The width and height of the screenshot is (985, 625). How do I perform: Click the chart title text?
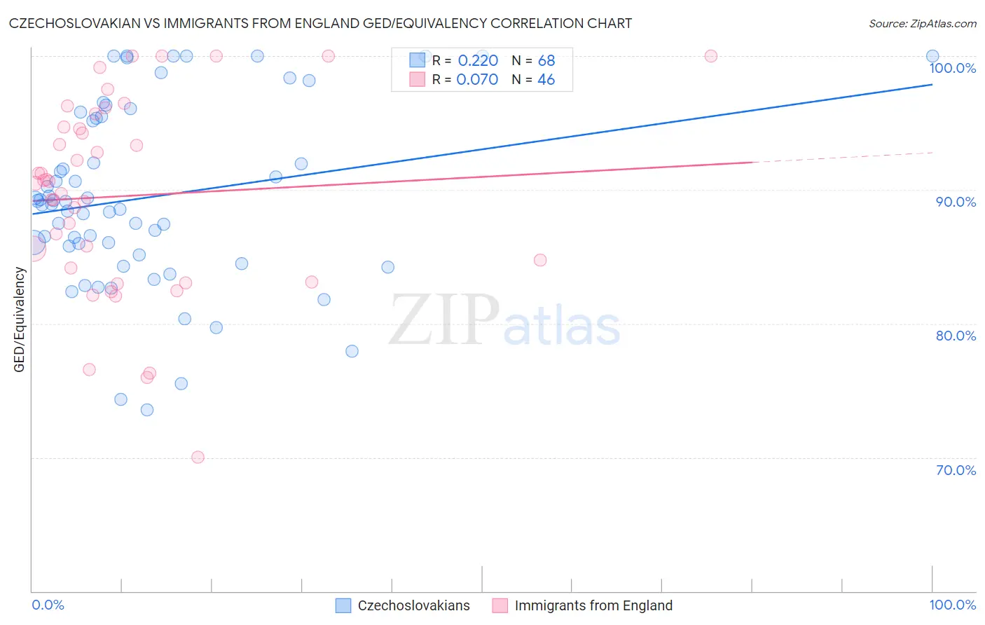pos(320,23)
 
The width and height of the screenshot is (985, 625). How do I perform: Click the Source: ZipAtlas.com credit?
pos(922,23)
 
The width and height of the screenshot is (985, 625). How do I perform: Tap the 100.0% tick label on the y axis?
pos(952,68)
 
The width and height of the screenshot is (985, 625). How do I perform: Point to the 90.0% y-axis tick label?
pos(956,202)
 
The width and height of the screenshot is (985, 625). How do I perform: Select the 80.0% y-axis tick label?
pos(956,336)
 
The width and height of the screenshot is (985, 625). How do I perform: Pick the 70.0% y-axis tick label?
pos(956,470)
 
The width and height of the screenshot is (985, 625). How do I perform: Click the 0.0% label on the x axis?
pos(48,605)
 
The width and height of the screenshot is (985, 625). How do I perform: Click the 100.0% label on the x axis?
pos(952,605)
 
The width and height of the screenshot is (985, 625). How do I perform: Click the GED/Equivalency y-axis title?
pos(20,320)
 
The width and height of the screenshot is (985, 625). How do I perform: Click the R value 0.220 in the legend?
pos(478,61)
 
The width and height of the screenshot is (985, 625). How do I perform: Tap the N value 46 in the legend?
pos(546,80)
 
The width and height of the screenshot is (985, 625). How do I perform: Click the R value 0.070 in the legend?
pos(477,80)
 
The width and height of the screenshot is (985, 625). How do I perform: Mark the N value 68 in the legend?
pos(546,61)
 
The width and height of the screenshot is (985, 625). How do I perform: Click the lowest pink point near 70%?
pos(198,458)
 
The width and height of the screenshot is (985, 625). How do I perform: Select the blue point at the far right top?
pos(932,56)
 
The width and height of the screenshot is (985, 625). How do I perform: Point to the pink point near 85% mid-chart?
pos(540,260)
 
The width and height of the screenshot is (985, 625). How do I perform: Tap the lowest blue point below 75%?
pos(147,410)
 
